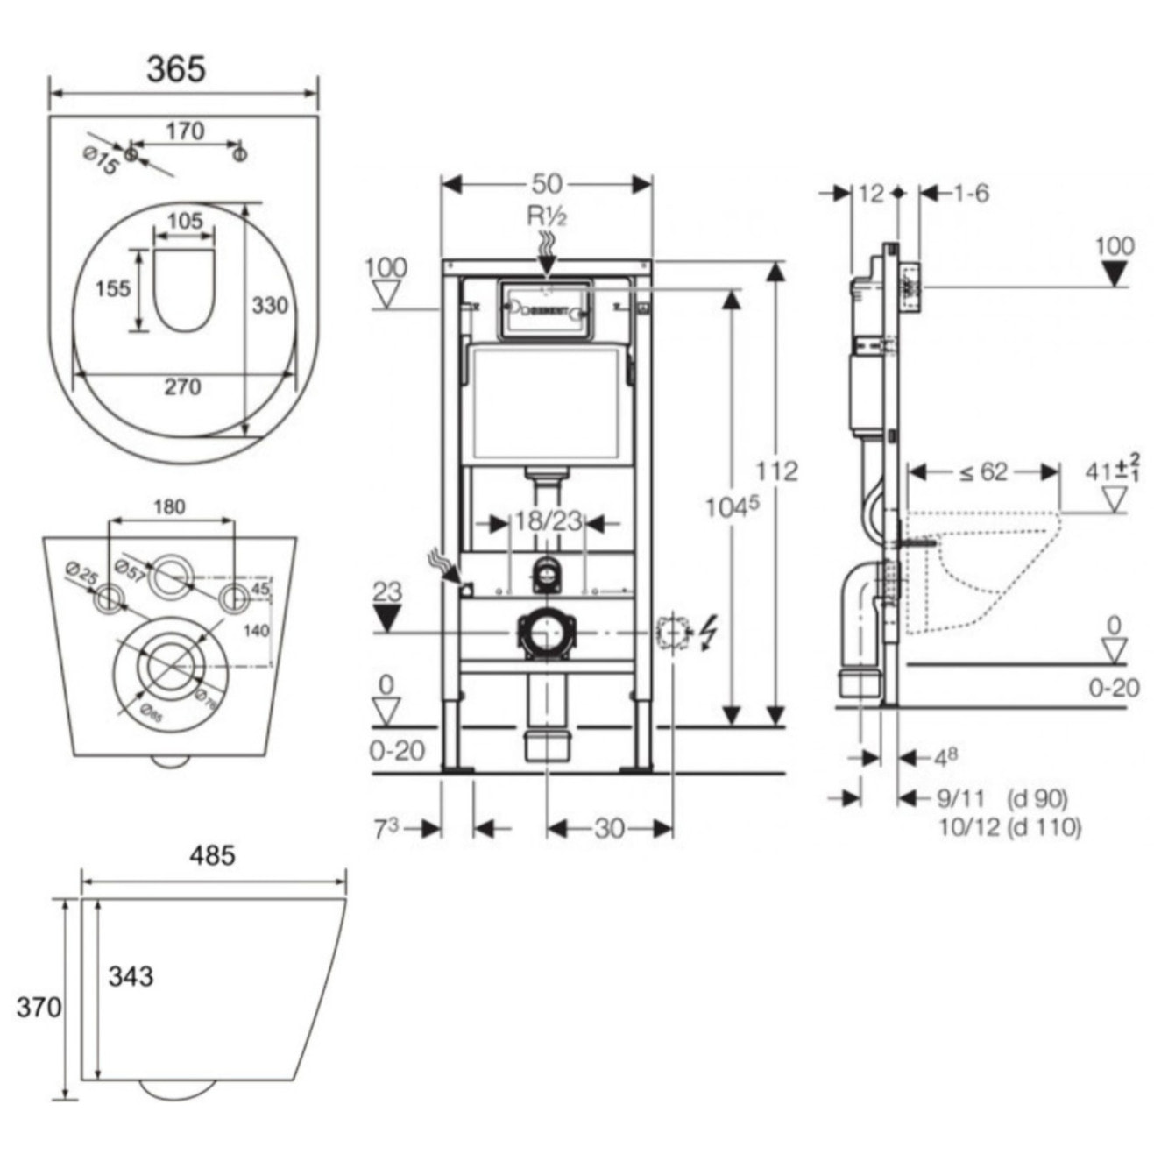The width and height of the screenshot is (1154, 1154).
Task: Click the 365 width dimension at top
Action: (x=176, y=69)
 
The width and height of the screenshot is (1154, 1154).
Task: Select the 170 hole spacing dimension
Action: (x=185, y=131)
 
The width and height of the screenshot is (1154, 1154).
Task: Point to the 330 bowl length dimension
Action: (x=270, y=305)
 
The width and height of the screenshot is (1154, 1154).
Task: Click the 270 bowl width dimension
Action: (x=182, y=386)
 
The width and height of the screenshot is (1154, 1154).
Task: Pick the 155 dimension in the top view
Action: (x=112, y=287)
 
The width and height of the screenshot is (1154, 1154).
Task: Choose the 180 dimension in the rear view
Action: (x=169, y=506)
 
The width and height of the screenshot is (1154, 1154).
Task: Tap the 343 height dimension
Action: (x=131, y=975)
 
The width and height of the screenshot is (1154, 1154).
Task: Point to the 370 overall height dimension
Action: (x=39, y=1007)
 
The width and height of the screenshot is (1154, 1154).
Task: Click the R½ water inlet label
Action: (x=547, y=216)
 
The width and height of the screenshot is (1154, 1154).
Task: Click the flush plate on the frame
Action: (x=545, y=309)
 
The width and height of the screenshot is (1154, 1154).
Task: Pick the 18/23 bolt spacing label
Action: (x=549, y=521)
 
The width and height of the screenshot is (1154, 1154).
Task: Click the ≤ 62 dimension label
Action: (x=982, y=472)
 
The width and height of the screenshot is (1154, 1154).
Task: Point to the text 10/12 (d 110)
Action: (x=1009, y=826)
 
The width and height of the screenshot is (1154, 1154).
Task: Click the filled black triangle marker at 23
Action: (x=386, y=620)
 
